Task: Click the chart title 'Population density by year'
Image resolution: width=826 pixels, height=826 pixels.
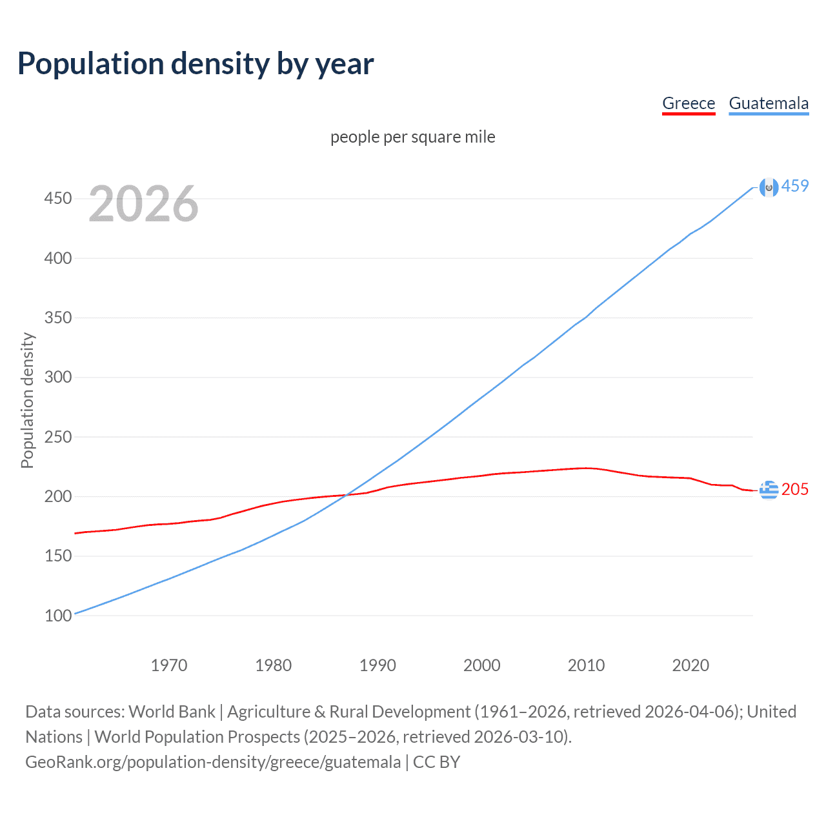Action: coord(196,64)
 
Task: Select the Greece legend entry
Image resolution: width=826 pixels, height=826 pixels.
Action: coord(689,103)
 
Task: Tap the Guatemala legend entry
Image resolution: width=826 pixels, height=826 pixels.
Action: coord(769,103)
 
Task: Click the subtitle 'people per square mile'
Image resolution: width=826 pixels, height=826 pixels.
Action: coord(413,137)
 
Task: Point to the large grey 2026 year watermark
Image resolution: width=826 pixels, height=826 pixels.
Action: coord(143,204)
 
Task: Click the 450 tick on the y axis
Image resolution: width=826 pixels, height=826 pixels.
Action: coord(58,198)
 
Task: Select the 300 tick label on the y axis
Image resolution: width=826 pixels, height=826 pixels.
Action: coord(58,377)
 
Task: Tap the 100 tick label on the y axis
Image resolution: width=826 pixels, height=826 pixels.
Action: coord(58,616)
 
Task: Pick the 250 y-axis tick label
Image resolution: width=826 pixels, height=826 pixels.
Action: coord(58,437)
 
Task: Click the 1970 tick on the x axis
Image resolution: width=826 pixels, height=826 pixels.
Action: coord(169,665)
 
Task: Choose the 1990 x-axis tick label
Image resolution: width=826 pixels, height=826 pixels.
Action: coord(378,665)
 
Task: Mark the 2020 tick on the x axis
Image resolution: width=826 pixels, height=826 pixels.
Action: coord(690,665)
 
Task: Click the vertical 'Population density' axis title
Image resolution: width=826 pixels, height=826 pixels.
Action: coord(27,400)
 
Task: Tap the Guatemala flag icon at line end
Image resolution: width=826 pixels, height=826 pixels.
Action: coord(769,187)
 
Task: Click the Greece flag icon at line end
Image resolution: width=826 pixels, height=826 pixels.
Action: coord(769,490)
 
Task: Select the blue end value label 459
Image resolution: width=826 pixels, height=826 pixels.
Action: coord(795,186)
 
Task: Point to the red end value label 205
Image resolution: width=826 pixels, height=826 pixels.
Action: coord(795,489)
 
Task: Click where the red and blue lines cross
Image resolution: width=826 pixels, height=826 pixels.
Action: coord(347,495)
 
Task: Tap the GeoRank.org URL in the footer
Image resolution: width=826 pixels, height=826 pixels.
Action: coord(213,762)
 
